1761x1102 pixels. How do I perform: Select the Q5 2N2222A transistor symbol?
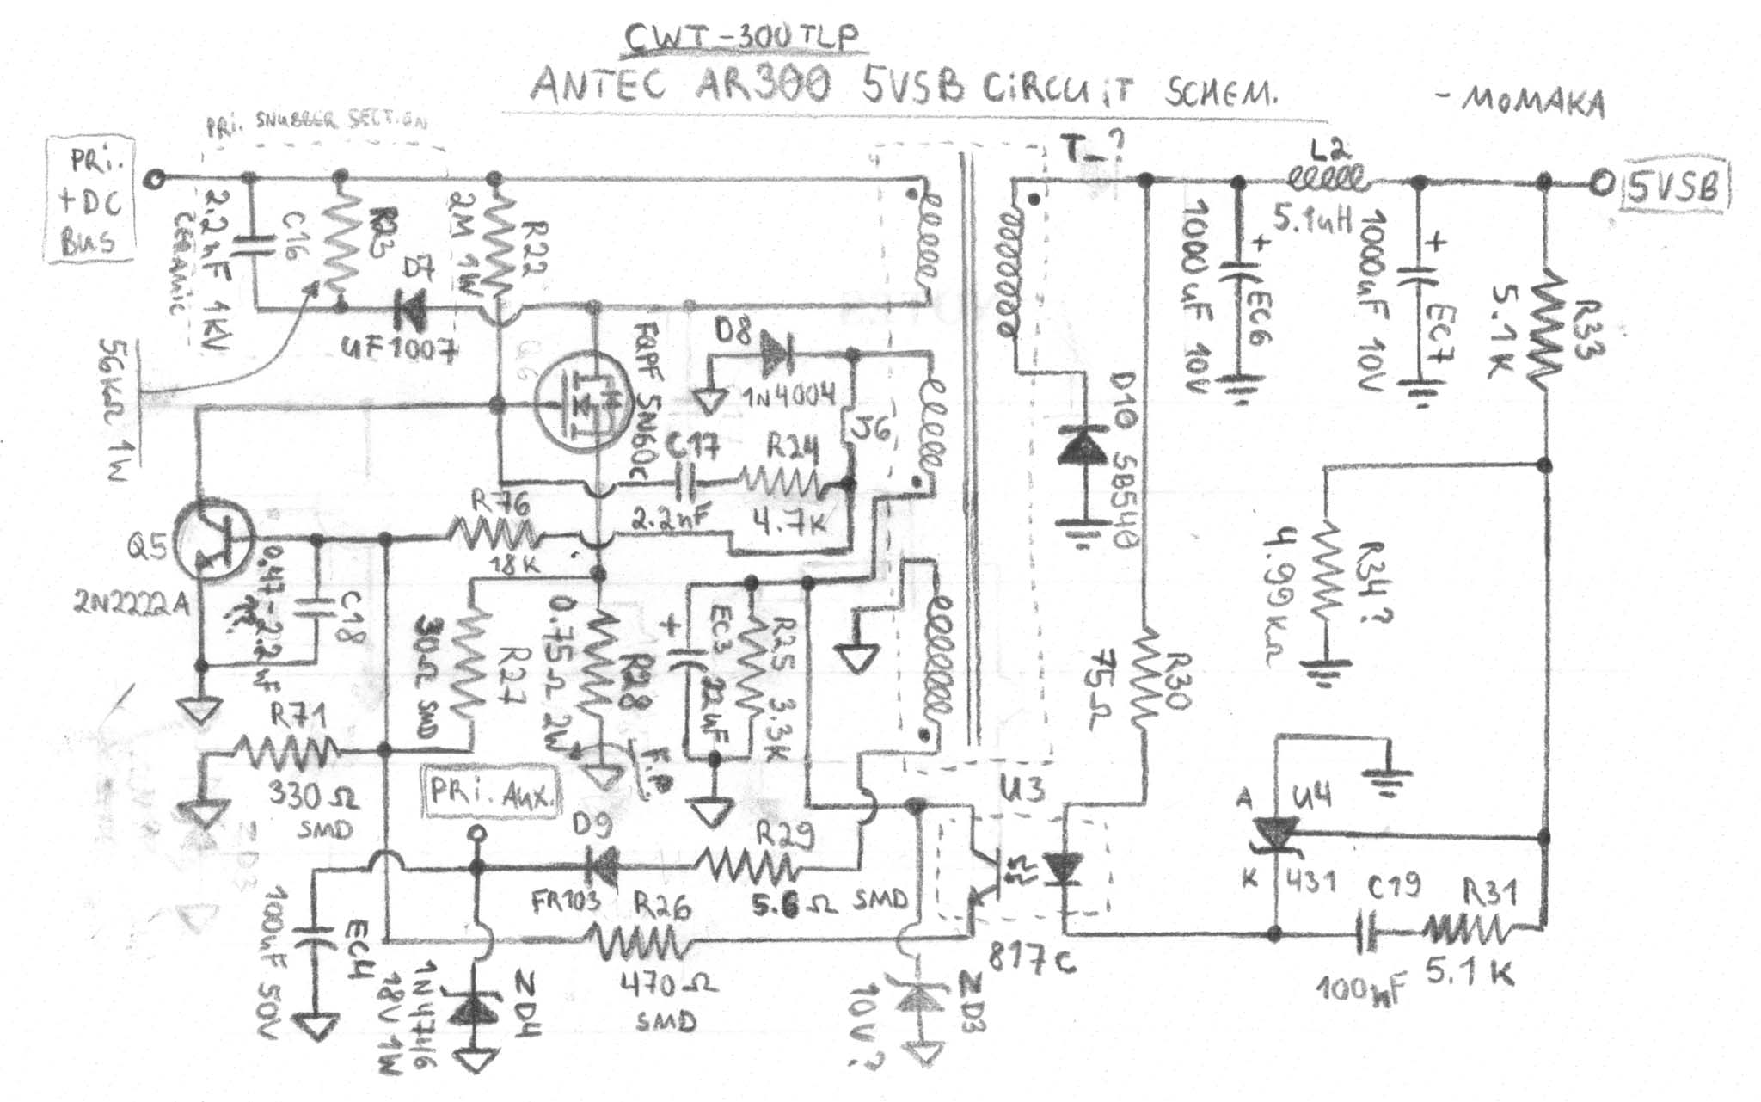point(212,541)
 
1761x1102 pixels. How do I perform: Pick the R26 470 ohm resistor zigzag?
point(644,941)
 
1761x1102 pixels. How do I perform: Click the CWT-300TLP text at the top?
point(741,38)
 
